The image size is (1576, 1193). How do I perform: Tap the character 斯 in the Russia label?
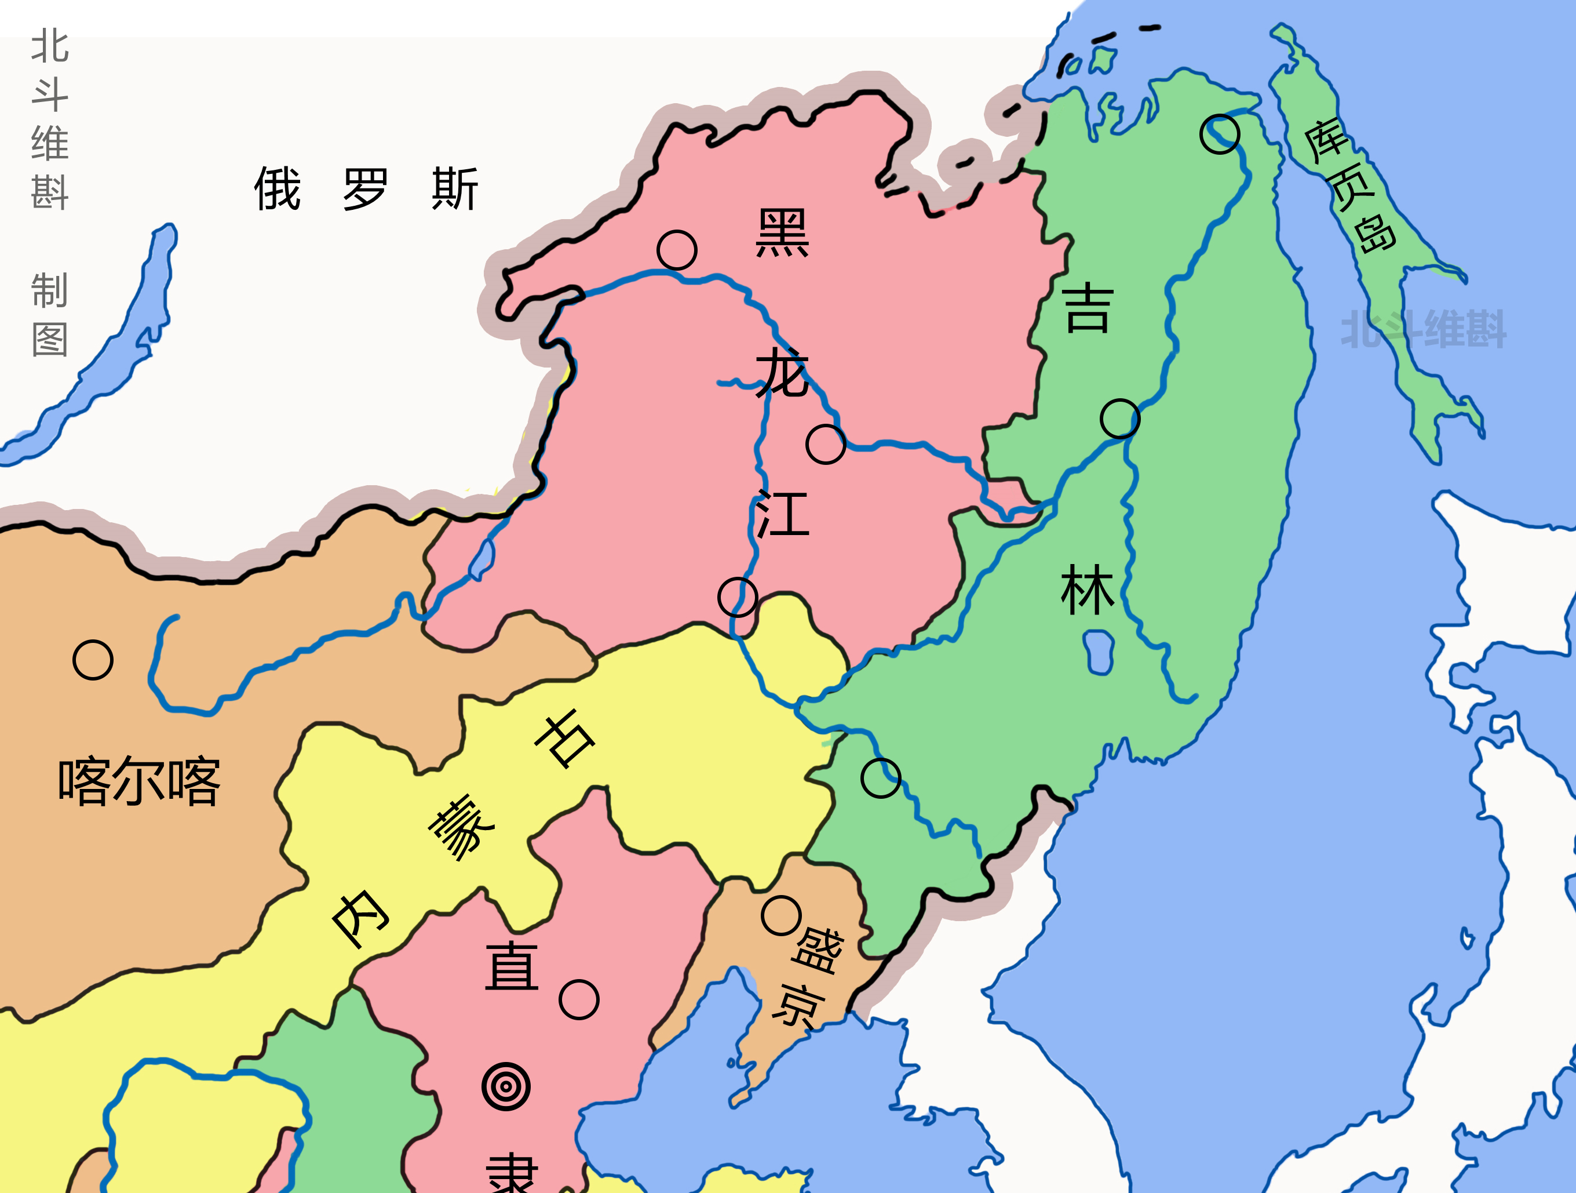455,188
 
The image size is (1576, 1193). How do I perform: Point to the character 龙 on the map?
782,372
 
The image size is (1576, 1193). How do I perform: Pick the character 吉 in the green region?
1087,308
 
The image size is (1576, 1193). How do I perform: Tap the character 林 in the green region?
1087,590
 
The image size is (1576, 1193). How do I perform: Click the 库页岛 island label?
1349,187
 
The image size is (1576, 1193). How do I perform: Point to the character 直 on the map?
512,966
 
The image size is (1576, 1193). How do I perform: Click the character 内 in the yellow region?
360,919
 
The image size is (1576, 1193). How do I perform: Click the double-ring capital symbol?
506,1087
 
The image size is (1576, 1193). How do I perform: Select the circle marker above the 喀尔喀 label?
93,660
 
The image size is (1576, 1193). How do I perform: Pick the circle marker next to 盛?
782,915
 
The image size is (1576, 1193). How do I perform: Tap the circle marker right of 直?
578,999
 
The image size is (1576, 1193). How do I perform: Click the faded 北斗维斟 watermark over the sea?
1424,329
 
